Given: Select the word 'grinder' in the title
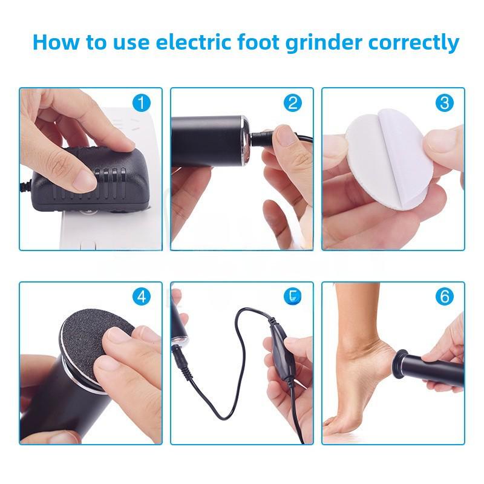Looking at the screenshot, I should coord(332,44).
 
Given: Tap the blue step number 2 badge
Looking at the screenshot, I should coord(293,103).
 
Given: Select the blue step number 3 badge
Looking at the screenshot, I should coord(445,103).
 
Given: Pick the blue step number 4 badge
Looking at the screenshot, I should coord(141,297).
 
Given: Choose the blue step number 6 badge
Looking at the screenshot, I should coord(445,297).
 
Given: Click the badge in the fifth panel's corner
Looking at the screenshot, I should coord(293,297).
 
